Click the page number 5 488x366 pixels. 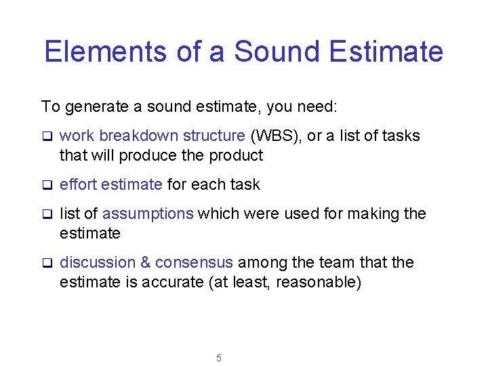point(218,358)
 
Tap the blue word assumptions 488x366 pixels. point(148,213)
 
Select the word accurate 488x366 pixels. point(178,282)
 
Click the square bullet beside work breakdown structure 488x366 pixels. point(47,136)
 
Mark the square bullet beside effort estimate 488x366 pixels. point(47,185)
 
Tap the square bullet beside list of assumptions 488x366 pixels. point(47,214)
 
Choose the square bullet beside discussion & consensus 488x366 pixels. point(47,263)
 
